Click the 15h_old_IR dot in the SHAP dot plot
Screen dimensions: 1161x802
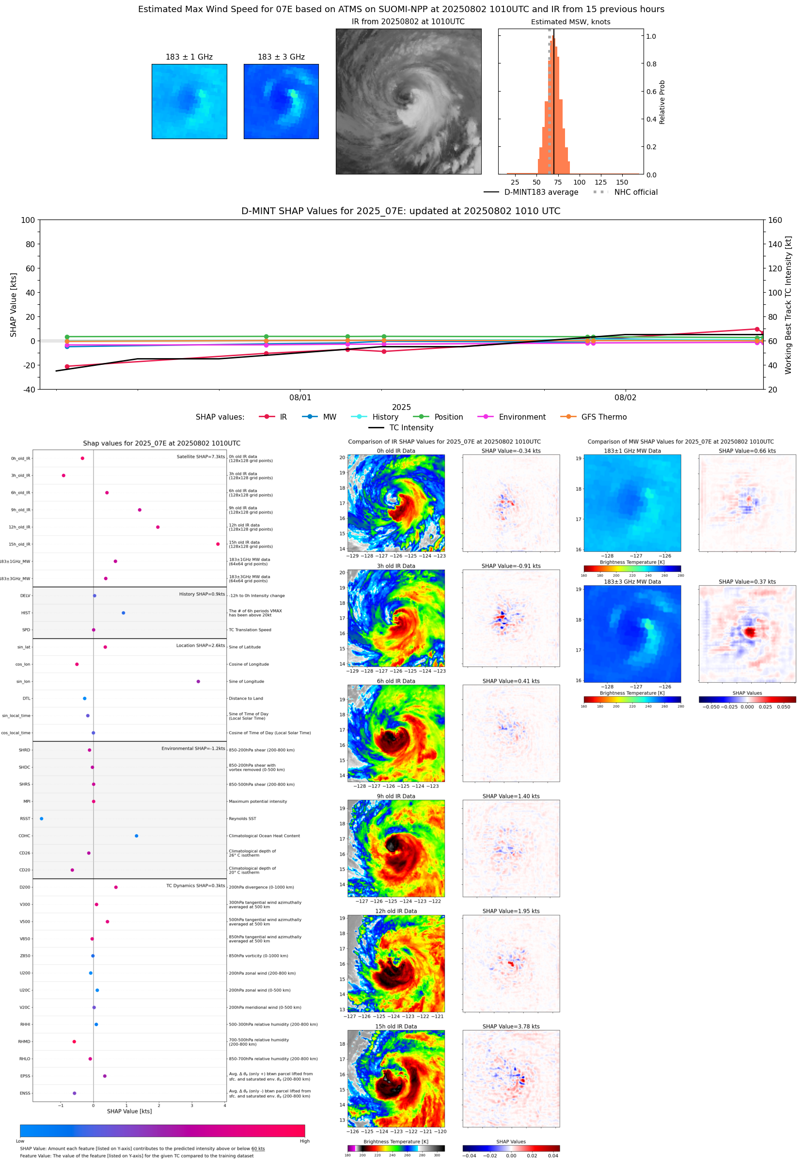tap(218, 544)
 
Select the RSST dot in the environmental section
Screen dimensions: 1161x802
tap(41, 818)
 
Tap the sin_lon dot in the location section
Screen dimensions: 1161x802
tap(198, 681)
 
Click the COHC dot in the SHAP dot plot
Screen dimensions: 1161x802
tap(136, 836)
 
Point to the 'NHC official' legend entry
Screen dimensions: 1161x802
tap(635, 192)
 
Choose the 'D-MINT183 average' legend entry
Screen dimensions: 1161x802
tap(541, 192)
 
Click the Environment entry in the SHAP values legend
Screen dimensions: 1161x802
tap(521, 417)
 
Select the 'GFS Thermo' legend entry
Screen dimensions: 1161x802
tap(603, 417)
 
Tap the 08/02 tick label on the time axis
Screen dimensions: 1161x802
tap(625, 397)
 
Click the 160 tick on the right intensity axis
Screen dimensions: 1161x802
tap(775, 220)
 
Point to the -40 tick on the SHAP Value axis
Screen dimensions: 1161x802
tap(29, 390)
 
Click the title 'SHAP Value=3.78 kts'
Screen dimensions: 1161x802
tap(511, 1026)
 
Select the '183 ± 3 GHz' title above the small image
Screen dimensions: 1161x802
tap(281, 57)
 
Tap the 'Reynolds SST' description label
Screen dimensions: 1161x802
tap(242, 818)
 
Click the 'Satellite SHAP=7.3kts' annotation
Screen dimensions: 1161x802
tap(201, 456)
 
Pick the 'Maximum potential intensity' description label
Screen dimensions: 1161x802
tap(258, 801)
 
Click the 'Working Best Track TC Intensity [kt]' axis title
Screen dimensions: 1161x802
tap(788, 304)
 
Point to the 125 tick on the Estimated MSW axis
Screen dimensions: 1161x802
tap(600, 182)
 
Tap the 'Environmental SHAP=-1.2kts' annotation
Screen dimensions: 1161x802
tap(193, 748)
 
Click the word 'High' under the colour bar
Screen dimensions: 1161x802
tap(304, 1141)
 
